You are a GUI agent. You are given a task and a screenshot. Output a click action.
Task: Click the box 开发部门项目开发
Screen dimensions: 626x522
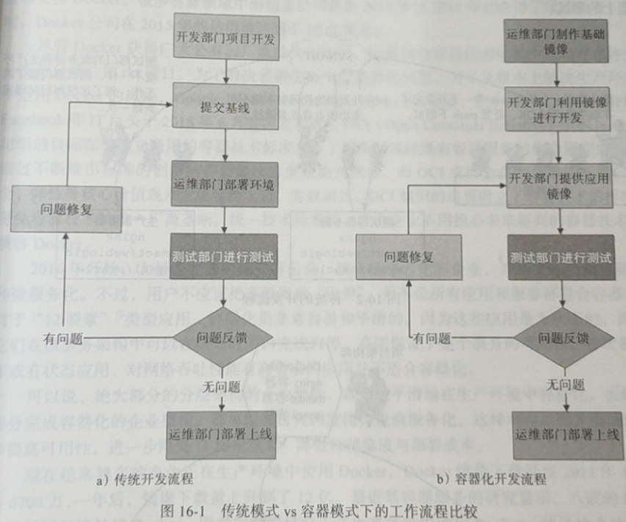pyautogui.click(x=226, y=38)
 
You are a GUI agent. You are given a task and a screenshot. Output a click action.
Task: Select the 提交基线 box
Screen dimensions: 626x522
pyautogui.click(x=226, y=106)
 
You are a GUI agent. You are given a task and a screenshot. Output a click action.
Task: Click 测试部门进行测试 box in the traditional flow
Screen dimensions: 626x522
pyautogui.click(x=224, y=258)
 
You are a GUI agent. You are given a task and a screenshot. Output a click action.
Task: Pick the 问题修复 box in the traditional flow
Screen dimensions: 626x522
pyautogui.click(x=66, y=208)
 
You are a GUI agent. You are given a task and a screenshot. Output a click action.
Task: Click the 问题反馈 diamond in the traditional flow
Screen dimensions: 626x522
pyautogui.click(x=225, y=338)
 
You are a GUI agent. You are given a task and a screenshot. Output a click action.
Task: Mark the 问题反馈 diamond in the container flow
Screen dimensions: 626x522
pyautogui.click(x=563, y=338)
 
